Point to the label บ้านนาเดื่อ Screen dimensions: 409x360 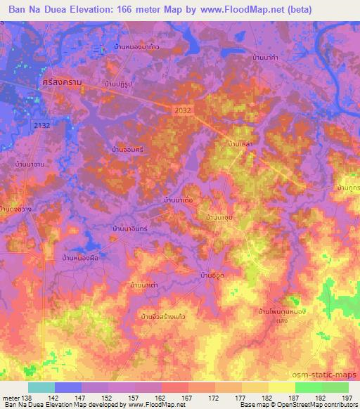click(x=184, y=201)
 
